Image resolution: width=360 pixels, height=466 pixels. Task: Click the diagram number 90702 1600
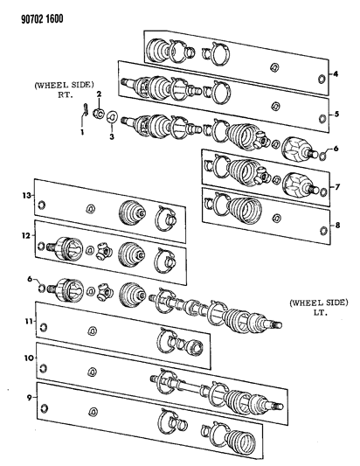click(42, 18)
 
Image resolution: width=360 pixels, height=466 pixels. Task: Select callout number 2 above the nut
click(99, 94)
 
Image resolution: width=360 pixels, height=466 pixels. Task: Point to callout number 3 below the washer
click(112, 137)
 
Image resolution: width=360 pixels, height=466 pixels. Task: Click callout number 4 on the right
click(336, 73)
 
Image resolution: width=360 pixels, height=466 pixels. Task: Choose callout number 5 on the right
click(336, 114)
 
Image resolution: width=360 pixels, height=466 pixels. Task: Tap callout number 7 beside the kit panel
click(337, 187)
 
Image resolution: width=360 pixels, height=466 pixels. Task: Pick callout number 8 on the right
click(337, 226)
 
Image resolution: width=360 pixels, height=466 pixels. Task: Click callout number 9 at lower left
click(29, 397)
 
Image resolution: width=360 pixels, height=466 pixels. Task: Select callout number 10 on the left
click(29, 358)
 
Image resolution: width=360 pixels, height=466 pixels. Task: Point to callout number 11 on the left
click(28, 321)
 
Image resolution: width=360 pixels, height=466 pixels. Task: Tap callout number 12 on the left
click(26, 236)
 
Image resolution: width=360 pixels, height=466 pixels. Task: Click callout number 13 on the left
click(26, 195)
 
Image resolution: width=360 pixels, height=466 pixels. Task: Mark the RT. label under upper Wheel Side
click(65, 95)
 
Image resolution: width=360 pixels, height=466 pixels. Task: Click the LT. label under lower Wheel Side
click(319, 313)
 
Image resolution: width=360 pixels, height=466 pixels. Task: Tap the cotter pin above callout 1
click(86, 108)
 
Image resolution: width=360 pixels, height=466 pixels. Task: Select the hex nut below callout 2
click(99, 114)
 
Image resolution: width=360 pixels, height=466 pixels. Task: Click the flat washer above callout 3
click(112, 117)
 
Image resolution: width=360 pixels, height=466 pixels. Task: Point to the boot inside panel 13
click(132, 212)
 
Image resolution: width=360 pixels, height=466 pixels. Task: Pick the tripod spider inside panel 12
click(103, 252)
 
